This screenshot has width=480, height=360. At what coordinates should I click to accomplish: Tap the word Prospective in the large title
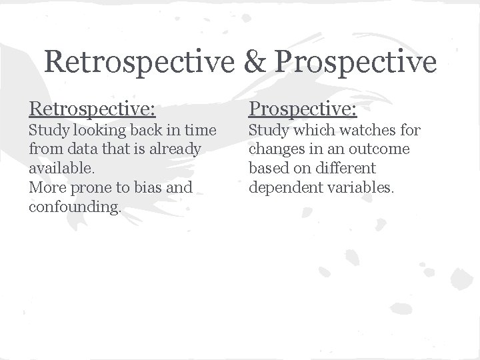[355, 62]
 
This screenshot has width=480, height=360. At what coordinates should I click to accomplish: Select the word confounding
[75, 207]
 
